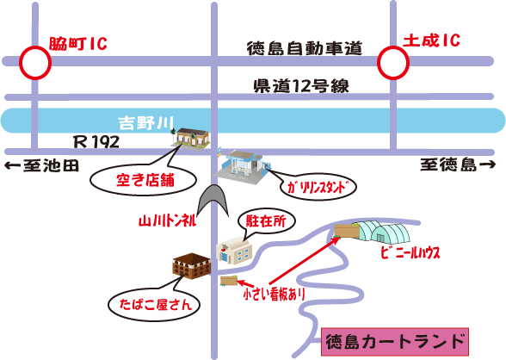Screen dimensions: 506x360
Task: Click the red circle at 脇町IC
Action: (20, 63)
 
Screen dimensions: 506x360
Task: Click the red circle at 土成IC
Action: (379, 63)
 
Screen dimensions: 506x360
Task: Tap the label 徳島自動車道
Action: (305, 48)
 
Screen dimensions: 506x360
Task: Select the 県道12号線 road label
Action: (301, 86)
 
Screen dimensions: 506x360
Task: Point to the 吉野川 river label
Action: (146, 123)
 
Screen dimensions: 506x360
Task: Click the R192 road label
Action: (96, 141)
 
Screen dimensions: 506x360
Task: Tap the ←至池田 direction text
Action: (41, 165)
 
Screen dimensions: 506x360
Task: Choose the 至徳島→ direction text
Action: (457, 165)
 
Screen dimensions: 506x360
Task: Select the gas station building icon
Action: (240, 167)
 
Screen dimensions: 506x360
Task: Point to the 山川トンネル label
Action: (167, 221)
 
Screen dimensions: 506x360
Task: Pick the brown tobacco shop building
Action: (192, 266)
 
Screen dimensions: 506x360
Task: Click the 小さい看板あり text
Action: (275, 294)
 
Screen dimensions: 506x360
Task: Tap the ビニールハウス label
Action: (410, 253)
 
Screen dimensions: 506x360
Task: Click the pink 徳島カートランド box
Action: (395, 342)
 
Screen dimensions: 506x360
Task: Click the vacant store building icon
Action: (191, 138)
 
